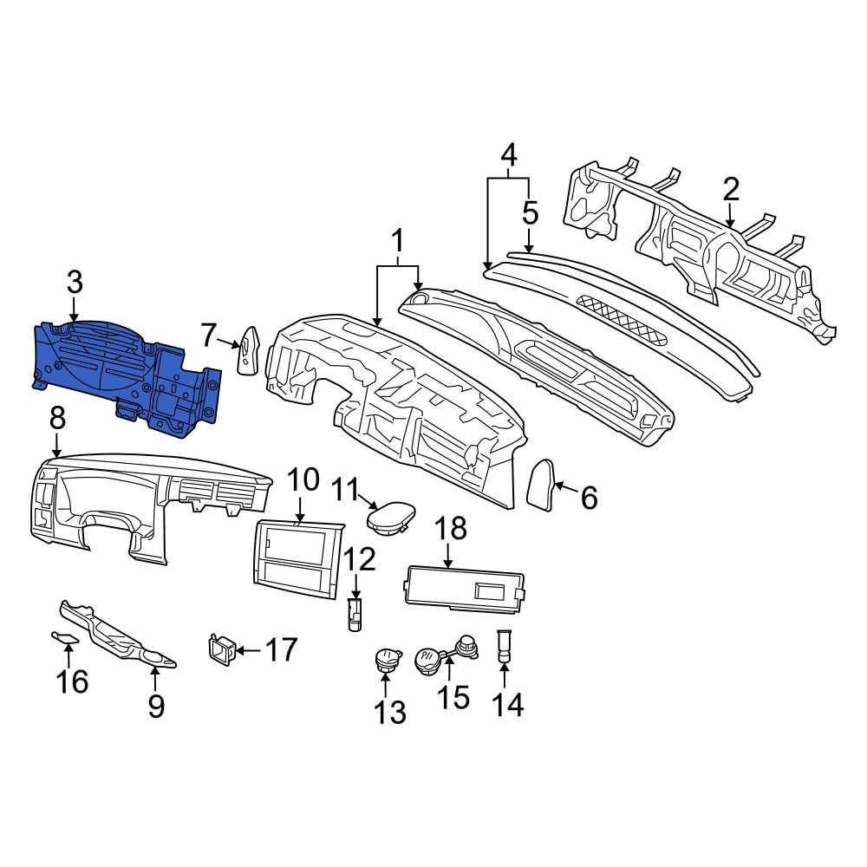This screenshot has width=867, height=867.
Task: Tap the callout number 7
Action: [x=207, y=334]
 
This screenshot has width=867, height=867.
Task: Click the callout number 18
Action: [x=450, y=528]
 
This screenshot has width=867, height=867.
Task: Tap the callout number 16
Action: [x=73, y=681]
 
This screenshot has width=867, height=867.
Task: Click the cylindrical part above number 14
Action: [x=504, y=646]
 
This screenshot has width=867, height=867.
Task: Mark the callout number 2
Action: [x=731, y=189]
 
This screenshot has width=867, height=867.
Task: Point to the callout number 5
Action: [x=530, y=212]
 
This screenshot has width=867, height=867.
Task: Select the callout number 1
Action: [x=398, y=239]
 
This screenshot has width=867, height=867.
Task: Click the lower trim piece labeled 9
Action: [x=121, y=636]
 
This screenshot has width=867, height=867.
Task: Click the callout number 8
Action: [x=57, y=419]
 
